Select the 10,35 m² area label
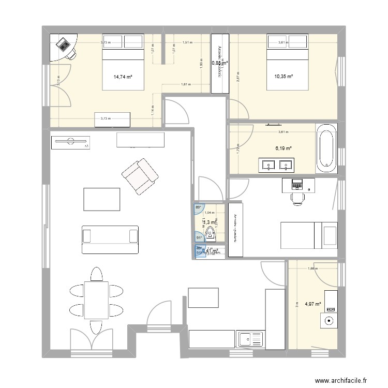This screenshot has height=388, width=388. coord(283,77)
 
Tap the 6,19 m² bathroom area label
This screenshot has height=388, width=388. coord(283,148)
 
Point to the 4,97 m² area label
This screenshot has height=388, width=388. coord(312,304)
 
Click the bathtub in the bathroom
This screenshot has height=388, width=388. coord(326,147)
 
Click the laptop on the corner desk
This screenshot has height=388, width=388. coord(64,45)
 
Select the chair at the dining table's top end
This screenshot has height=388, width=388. coord(95,274)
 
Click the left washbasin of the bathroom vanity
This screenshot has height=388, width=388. coord(268,166)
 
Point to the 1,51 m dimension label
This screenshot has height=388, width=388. coord(187,44)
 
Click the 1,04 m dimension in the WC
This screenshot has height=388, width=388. coord(209,213)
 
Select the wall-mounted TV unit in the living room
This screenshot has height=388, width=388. coord(70,142)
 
